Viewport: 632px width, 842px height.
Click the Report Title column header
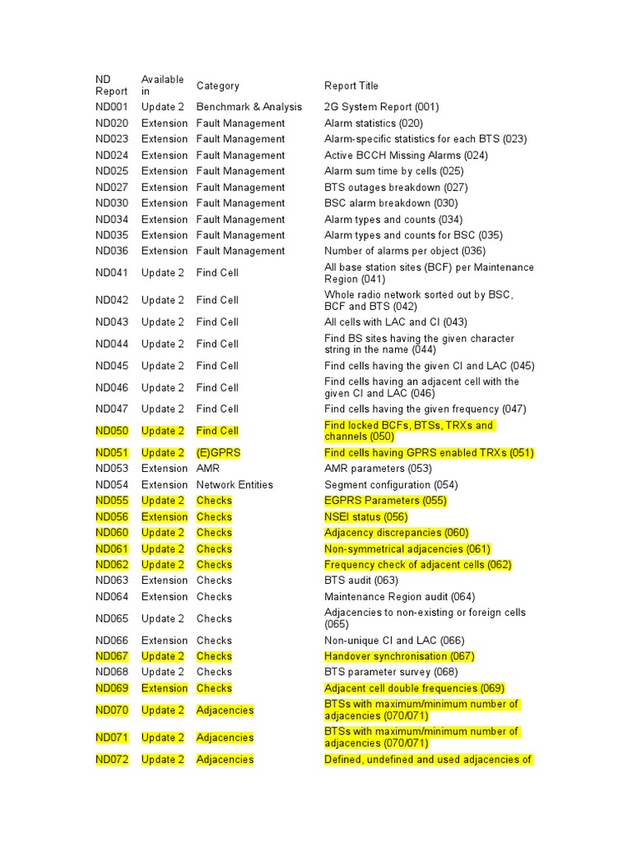coord(351,86)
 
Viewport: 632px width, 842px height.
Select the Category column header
coord(217,86)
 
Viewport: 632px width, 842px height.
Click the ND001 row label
coord(112,107)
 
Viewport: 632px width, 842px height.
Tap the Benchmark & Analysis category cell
coord(249,107)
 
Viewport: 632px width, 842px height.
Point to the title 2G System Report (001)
coord(382,107)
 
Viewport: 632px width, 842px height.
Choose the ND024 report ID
coord(112,155)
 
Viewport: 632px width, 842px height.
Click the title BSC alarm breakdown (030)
coord(391,203)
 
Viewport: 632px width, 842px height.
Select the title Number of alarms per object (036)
coord(405,251)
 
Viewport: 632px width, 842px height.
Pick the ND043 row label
coord(112,322)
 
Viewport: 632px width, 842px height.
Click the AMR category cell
coord(209,469)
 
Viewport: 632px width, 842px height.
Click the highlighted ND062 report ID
coord(112,565)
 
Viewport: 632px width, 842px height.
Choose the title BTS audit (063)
coord(361,581)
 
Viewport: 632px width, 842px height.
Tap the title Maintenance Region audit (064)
coord(399,597)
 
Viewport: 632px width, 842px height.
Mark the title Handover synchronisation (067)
coord(399,656)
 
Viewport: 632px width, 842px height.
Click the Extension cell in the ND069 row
coord(165,688)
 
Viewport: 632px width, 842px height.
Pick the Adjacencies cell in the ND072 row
coord(225,760)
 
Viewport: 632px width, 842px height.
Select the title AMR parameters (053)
coord(379,469)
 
